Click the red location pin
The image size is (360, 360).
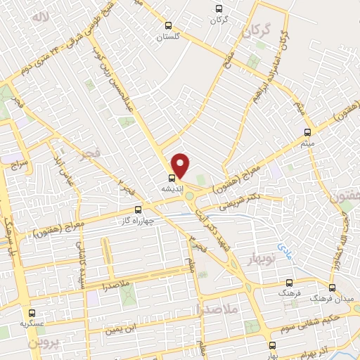tap(181, 165)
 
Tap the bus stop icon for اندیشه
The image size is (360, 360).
tap(171, 178)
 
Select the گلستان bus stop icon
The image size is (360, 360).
tap(167, 25)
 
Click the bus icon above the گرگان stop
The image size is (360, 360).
tap(219, 9)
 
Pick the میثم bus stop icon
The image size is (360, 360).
tap(307, 132)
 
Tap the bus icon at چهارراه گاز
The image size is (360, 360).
tap(137, 209)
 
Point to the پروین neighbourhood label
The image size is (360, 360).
tap(44, 343)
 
